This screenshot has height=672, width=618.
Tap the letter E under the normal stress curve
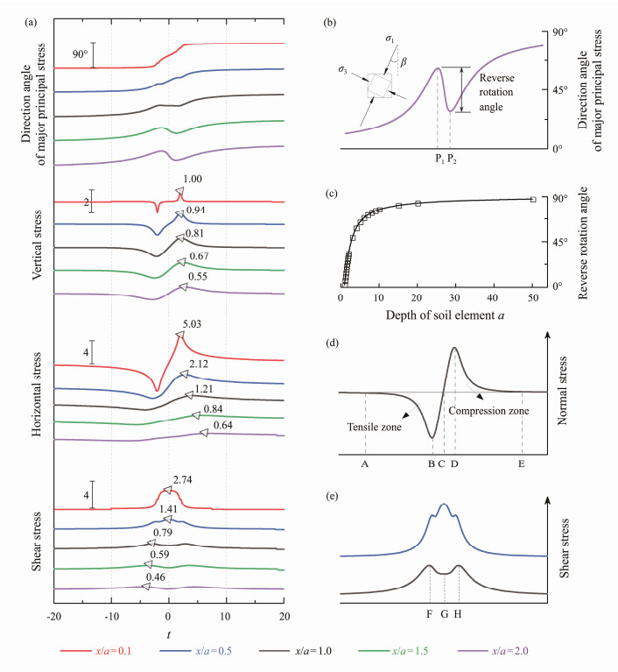click(521, 463)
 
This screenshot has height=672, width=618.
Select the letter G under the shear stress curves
click(445, 614)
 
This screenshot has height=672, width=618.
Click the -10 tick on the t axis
click(111, 618)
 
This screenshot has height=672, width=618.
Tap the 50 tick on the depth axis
click(533, 301)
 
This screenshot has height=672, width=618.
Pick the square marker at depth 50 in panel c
click(533, 200)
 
